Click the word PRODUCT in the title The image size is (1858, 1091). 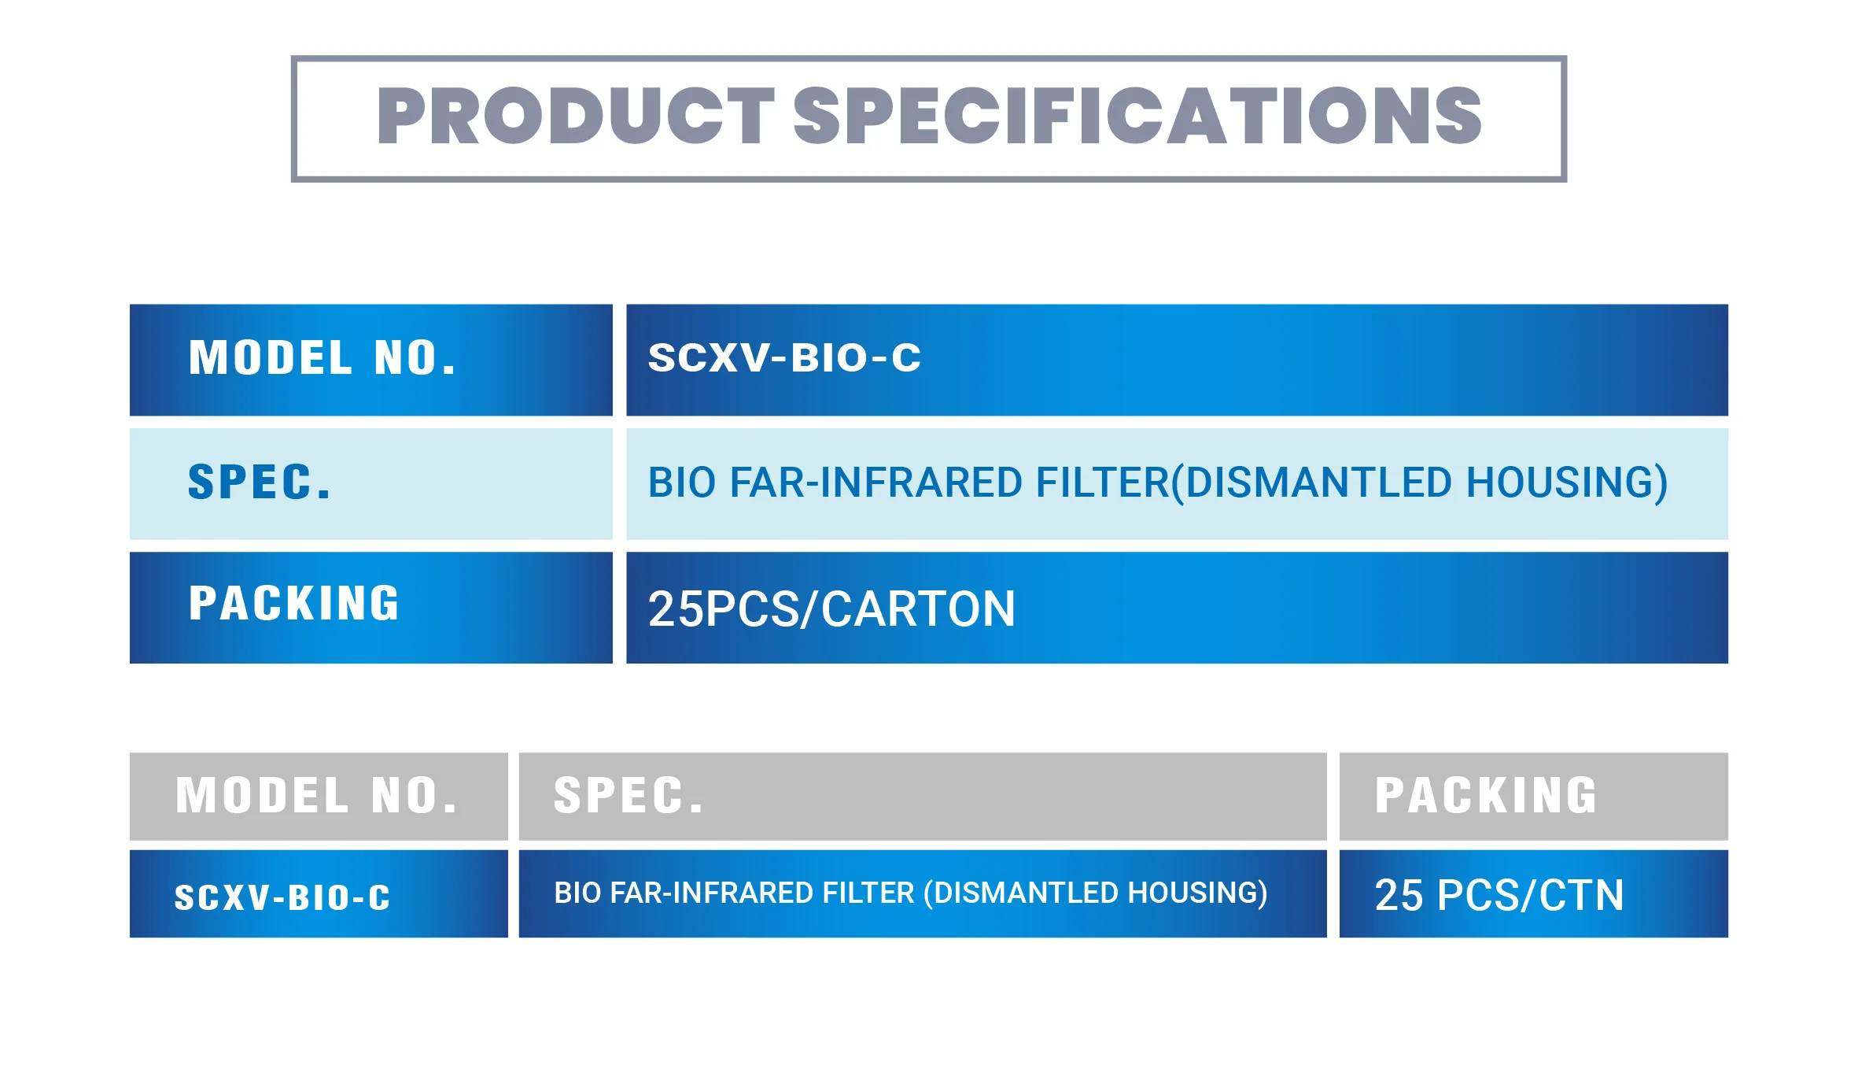575,116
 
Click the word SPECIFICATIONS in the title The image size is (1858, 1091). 1137,116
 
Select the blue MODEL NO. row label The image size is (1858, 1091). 323,358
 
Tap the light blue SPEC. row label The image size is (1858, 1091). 260,483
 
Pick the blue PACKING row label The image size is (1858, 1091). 294,604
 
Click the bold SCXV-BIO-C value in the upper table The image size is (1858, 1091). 784,358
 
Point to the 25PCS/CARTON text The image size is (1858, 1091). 831,609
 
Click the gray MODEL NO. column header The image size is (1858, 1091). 317,796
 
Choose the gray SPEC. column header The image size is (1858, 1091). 629,796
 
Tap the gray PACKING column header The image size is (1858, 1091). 1486,796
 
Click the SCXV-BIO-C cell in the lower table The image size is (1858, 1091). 282,897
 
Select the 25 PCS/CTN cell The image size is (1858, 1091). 1499,896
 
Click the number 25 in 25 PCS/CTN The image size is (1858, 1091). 1399,896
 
